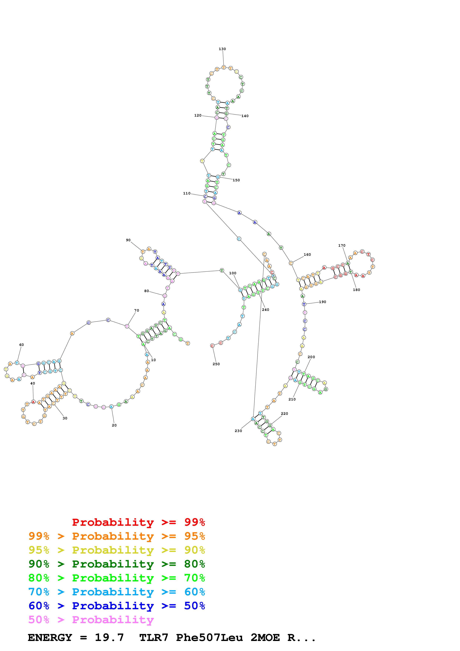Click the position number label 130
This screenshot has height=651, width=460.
click(222, 49)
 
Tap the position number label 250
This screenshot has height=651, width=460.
click(216, 364)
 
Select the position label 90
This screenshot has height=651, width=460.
click(128, 240)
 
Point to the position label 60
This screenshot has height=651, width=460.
click(22, 345)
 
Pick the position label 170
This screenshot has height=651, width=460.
click(342, 246)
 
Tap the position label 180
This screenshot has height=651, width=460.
click(356, 290)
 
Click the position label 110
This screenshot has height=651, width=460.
click(187, 193)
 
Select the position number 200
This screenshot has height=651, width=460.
click(311, 357)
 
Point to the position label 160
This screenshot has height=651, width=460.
click(307, 255)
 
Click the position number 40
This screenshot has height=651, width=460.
click(33, 383)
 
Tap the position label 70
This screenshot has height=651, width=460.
click(137, 310)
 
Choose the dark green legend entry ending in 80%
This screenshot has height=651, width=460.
click(117, 564)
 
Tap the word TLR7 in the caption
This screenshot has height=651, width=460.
click(154, 638)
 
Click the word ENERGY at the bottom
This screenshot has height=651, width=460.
click(50, 638)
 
